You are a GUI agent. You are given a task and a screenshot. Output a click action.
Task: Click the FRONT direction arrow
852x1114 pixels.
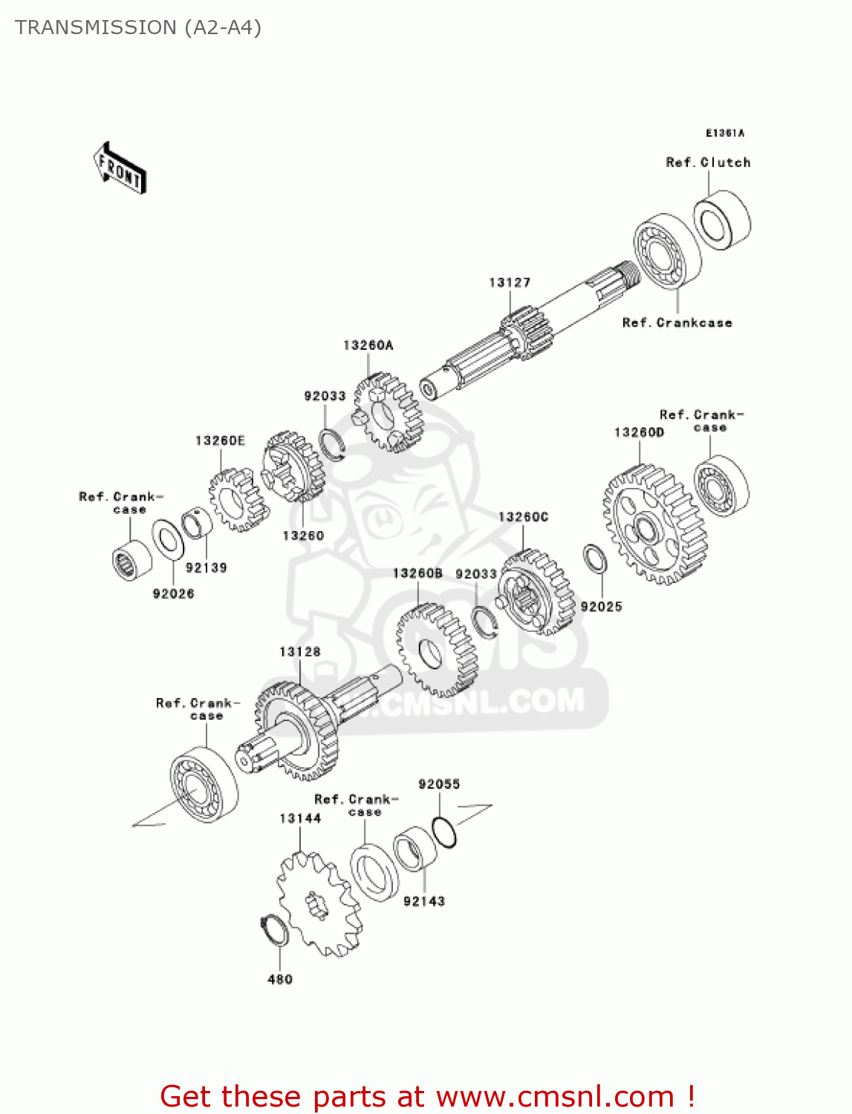tap(120, 169)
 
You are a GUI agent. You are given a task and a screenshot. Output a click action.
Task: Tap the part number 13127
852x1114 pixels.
tap(510, 283)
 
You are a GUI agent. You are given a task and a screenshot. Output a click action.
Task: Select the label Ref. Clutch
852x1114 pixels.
tap(708, 163)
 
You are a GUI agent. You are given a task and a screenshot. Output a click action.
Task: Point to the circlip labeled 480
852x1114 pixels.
tap(275, 931)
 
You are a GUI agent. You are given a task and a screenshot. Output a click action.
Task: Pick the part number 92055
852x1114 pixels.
tap(439, 784)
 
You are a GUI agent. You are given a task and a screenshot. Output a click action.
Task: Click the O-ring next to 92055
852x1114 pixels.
tap(444, 832)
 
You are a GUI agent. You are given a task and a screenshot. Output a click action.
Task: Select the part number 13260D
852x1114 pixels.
tap(639, 432)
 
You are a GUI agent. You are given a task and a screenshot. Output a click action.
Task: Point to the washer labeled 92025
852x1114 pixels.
tap(595, 559)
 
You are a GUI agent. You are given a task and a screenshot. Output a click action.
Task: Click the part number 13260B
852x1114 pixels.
tap(417, 573)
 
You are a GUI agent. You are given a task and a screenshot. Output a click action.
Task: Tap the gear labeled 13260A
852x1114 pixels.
tap(387, 413)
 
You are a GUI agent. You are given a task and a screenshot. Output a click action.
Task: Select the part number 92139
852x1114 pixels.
tap(206, 568)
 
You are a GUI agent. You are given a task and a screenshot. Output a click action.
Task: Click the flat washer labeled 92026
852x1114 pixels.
tap(169, 540)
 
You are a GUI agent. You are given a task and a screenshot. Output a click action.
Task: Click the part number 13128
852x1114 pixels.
tap(300, 652)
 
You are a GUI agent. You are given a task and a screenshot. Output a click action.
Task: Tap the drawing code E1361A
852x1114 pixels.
tap(724, 133)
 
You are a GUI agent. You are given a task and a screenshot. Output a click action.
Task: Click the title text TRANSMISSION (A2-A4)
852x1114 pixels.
tap(138, 27)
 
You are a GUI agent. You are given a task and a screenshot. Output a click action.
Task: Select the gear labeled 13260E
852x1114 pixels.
tap(236, 500)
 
